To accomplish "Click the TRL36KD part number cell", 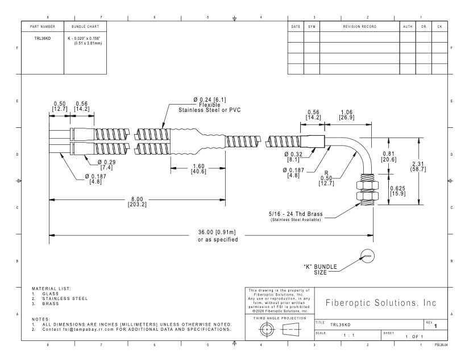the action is [43, 38].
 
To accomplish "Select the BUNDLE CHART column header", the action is [85, 27].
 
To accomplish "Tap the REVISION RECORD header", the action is [359, 27].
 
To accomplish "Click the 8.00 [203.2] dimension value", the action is [137, 202].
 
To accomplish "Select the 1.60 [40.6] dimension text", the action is [198, 169].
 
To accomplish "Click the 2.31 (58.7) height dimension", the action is [418, 167].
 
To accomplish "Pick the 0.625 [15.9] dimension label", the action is [397, 191].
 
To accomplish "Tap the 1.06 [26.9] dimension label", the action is [347, 115].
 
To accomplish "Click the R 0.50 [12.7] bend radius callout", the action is [326, 178].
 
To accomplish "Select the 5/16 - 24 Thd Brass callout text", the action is [296, 214].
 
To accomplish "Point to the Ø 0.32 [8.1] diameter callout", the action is [293, 157].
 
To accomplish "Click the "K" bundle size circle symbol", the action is [367, 256].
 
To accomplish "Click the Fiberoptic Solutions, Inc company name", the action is [381, 303].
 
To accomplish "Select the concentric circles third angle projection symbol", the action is [266, 330].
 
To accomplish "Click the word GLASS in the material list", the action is [50, 294].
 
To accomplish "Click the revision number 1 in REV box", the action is [435, 326].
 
